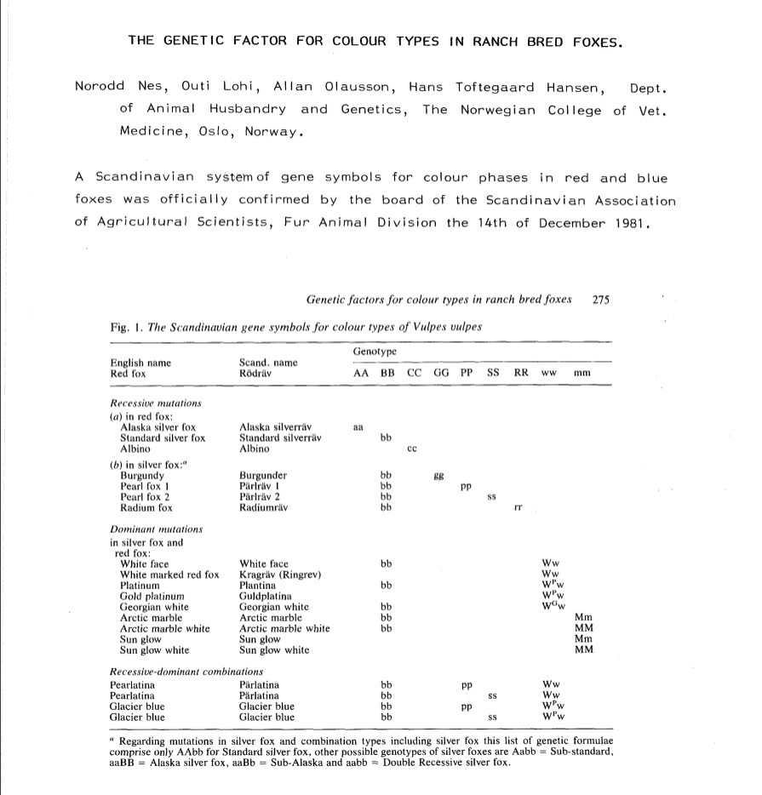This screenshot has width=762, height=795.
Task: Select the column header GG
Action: [440, 374]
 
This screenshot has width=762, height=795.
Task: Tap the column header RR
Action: [521, 374]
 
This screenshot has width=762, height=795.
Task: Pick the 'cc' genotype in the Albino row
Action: [411, 448]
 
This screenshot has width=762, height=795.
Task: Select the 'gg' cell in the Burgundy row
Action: [440, 475]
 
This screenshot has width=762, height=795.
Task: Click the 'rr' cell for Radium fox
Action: [519, 508]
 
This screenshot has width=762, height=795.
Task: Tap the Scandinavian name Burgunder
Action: [264, 475]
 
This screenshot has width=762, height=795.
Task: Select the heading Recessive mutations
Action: [156, 403]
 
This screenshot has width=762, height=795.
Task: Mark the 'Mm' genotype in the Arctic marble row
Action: [584, 618]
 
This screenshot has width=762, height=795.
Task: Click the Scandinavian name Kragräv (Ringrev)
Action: [280, 575]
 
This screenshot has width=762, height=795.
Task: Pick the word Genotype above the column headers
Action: [374, 352]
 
